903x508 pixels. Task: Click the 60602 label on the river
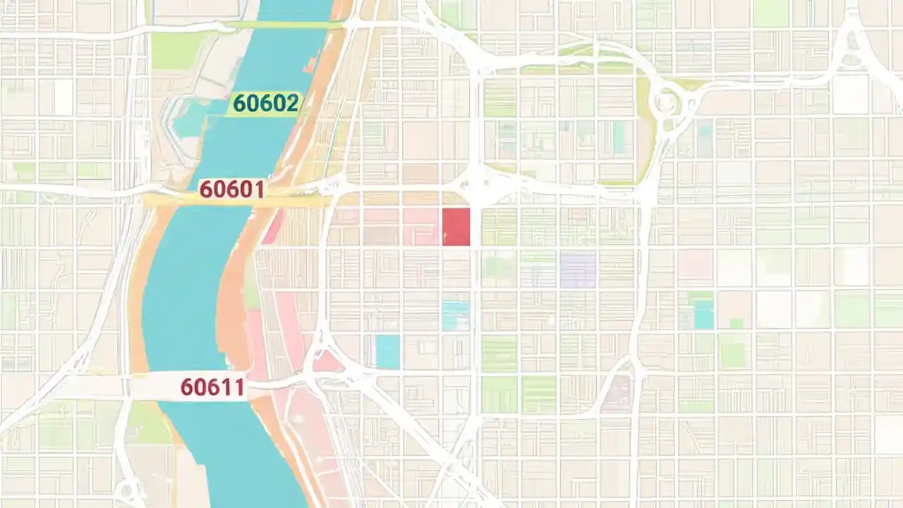265,104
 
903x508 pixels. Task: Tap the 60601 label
231,189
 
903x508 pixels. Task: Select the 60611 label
212,387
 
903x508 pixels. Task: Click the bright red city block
456,227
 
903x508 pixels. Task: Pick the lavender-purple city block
578,270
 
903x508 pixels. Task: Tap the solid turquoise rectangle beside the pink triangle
387,351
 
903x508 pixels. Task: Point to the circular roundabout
665,104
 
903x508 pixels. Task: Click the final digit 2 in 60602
292,104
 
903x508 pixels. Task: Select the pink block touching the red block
422,227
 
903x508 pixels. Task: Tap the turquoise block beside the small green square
703,314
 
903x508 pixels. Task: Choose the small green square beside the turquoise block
736,324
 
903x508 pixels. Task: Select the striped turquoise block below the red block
455,315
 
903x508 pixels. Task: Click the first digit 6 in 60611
187,387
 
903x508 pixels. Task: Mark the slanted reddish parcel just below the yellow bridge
272,227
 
